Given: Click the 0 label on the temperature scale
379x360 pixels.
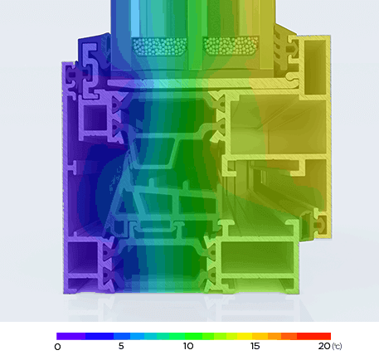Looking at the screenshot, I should pos(58,346).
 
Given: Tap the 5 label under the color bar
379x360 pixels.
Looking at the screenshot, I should pos(121,346).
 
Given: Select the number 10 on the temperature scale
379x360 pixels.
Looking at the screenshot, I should pos(188,346).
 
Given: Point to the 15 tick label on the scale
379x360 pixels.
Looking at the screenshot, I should pos(255,346).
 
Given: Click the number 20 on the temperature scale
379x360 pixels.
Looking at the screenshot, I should pos(323,346).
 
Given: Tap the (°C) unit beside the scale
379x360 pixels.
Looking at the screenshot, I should pos(337,346).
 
